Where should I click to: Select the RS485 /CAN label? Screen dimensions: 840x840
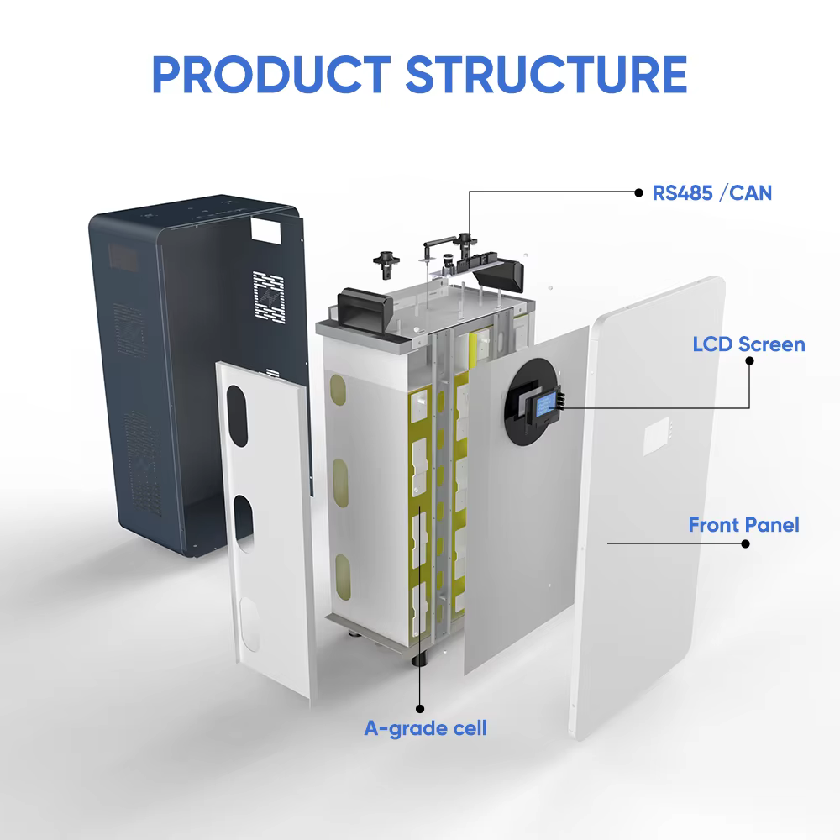pyautogui.click(x=712, y=193)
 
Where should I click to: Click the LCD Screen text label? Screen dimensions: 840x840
pyautogui.click(x=748, y=344)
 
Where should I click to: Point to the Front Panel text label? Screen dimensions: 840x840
pyautogui.click(x=743, y=526)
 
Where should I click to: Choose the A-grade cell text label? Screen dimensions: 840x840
pyautogui.click(x=425, y=727)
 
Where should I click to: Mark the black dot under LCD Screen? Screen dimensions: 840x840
pyautogui.click(x=749, y=360)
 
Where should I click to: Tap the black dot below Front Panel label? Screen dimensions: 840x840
pyautogui.click(x=745, y=543)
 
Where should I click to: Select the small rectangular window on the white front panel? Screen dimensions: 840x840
pyautogui.click(x=656, y=438)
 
